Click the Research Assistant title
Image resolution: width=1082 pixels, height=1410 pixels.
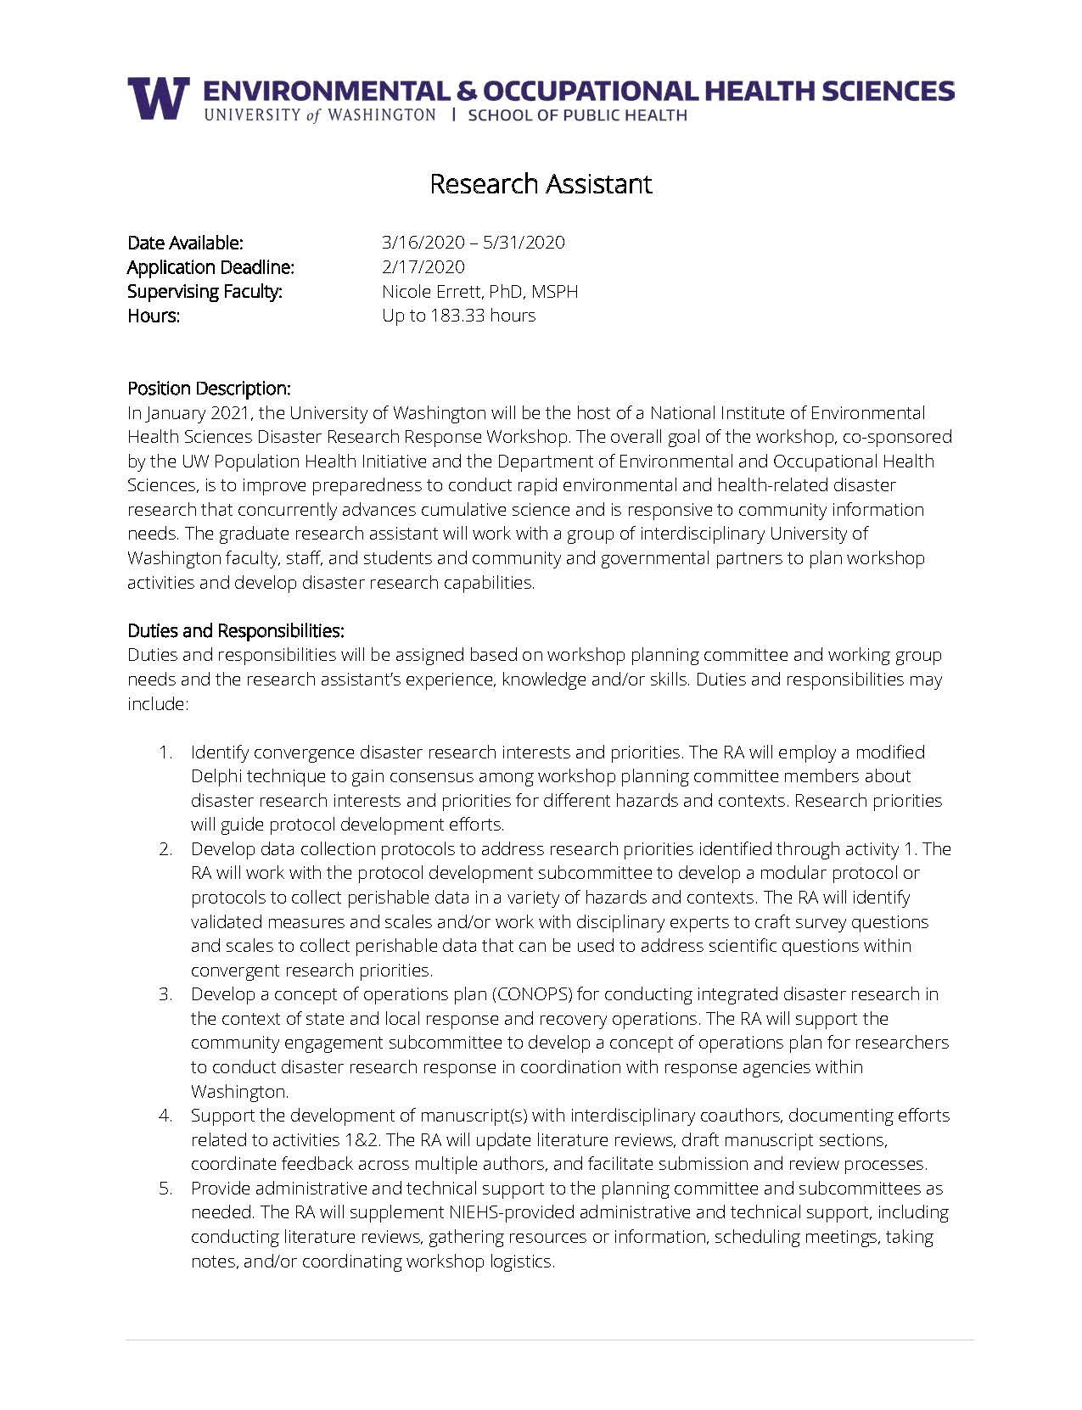(x=541, y=184)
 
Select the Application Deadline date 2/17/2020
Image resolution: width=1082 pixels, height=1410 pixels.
(x=423, y=267)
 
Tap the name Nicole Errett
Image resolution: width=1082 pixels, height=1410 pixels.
(x=434, y=292)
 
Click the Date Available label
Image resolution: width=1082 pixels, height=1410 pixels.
(x=185, y=243)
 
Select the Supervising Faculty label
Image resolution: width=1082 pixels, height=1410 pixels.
(x=205, y=292)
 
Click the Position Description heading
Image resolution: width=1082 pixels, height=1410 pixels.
(x=209, y=389)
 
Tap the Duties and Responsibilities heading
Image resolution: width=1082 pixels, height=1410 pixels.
(x=235, y=630)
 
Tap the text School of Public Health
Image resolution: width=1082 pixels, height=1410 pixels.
(x=577, y=115)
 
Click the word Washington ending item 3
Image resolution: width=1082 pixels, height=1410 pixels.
(x=239, y=1092)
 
